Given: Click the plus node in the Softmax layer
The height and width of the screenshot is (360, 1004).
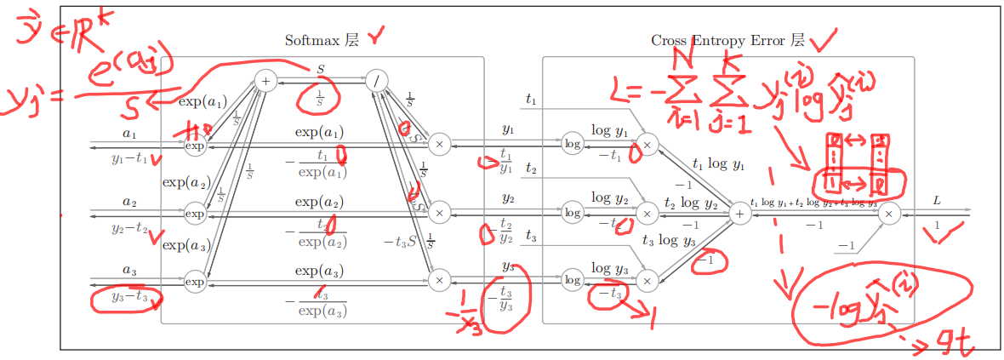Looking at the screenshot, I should click(266, 82).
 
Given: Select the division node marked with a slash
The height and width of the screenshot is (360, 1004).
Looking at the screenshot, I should click(376, 82).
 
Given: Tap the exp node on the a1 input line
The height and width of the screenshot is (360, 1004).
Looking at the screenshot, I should click(196, 146).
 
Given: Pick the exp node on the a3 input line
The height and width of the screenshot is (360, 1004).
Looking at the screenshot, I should click(196, 281).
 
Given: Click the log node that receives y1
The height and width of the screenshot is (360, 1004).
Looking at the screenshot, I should click(573, 145).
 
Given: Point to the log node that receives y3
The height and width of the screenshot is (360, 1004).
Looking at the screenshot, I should click(573, 280).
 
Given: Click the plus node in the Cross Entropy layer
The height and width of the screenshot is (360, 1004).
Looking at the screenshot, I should click(740, 214).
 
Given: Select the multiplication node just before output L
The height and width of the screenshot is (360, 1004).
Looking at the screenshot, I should click(889, 214).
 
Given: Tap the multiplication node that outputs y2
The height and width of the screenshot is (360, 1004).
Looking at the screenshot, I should click(439, 212).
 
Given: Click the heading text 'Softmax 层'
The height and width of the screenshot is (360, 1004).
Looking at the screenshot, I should click(322, 40).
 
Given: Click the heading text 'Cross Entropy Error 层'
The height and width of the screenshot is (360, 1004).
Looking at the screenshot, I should click(727, 40).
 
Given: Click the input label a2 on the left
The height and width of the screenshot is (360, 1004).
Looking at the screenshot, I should click(129, 202).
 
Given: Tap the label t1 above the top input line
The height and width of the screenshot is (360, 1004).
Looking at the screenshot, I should click(532, 100).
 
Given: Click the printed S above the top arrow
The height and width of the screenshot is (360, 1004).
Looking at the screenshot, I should click(321, 68).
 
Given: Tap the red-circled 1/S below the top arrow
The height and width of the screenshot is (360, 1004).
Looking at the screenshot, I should click(319, 96).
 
